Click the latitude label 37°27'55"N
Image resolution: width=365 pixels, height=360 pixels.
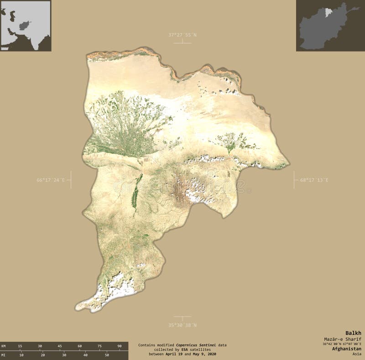click(x=182, y=35)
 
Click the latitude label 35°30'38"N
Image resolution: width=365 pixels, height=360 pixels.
click(x=182, y=325)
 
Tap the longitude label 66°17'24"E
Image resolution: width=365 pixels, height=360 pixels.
click(x=51, y=180)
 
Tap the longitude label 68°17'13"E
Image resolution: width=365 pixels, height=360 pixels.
click(x=314, y=180)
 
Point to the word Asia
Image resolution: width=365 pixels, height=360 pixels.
click(x=357, y=354)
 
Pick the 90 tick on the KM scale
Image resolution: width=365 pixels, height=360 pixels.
click(x=120, y=346)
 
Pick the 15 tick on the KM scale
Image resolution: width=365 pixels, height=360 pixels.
click(x=20, y=346)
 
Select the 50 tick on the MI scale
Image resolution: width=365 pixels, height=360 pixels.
click(x=107, y=355)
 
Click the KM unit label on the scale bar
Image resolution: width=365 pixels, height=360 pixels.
click(x=4, y=346)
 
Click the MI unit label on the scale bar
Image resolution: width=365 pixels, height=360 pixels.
click(x=4, y=355)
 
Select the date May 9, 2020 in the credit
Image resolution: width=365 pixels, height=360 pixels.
click(x=203, y=354)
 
